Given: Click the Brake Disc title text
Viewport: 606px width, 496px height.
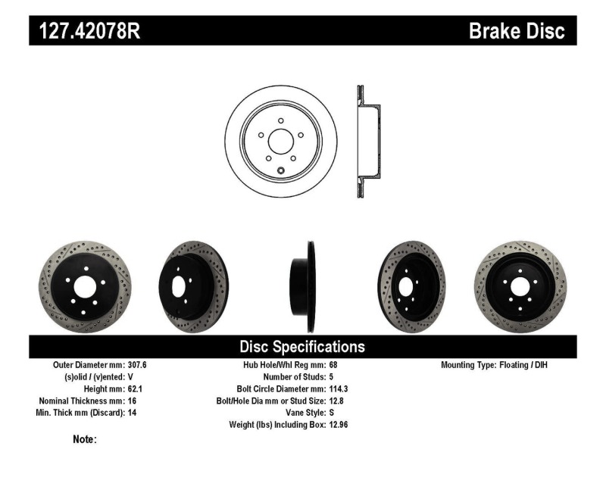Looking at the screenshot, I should (x=517, y=31).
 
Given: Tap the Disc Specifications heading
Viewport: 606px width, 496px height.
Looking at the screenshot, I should (x=302, y=347).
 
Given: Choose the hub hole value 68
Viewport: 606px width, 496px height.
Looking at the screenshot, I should (x=334, y=365).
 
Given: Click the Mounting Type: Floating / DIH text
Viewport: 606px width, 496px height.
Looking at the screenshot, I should (x=493, y=365).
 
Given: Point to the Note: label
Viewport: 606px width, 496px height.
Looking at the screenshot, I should (x=84, y=439).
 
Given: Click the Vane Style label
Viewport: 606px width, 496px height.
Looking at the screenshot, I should (x=299, y=413).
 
